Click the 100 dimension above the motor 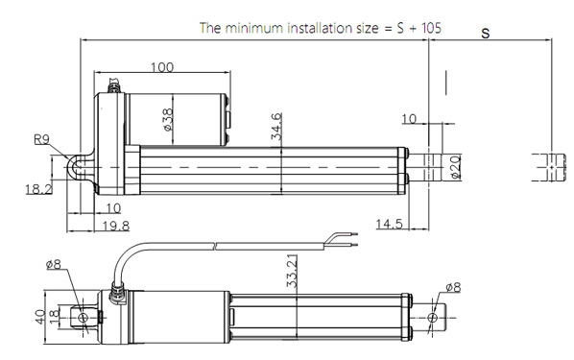(x=162, y=67)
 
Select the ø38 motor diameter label (x=168, y=119)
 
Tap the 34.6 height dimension (x=276, y=127)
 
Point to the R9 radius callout (x=41, y=139)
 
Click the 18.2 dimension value (x=38, y=189)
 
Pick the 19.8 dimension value (x=116, y=226)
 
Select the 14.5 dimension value (x=389, y=224)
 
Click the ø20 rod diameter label (x=455, y=167)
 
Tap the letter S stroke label (x=486, y=34)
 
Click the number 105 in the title (x=431, y=28)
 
